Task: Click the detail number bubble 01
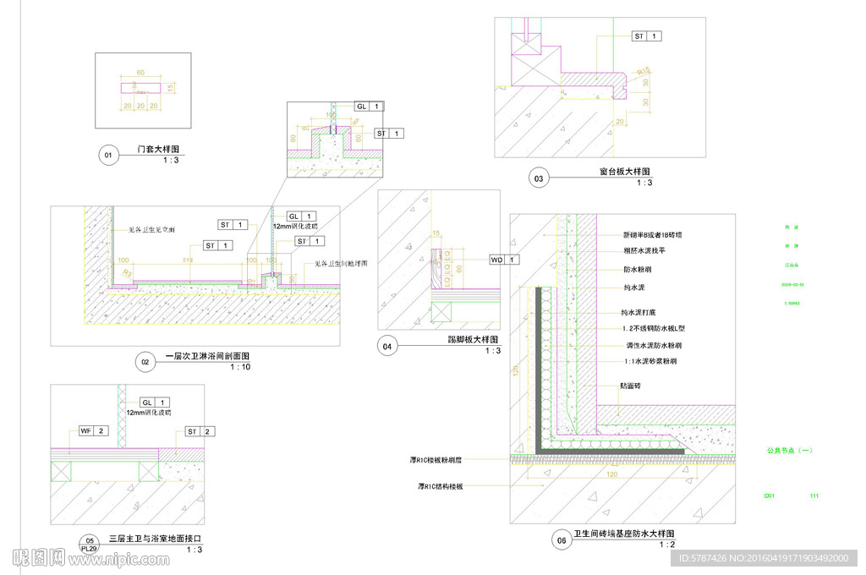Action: pyautogui.click(x=107, y=155)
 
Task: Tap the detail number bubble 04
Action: pyautogui.click(x=388, y=346)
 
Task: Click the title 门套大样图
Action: pyautogui.click(x=159, y=150)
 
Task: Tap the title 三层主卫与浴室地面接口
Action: pyautogui.click(x=156, y=539)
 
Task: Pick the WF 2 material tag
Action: pyautogui.click(x=93, y=431)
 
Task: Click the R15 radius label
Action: pyautogui.click(x=644, y=71)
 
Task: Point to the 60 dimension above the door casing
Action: pyautogui.click(x=140, y=73)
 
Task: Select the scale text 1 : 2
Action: pyautogui.click(x=667, y=545)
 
